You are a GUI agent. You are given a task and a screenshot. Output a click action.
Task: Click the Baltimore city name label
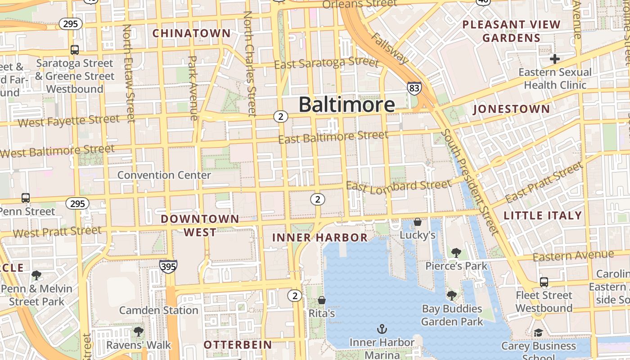(x=346, y=104)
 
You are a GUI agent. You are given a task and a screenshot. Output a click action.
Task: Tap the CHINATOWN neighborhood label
(x=191, y=33)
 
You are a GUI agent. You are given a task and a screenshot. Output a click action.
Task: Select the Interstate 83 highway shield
(x=414, y=88)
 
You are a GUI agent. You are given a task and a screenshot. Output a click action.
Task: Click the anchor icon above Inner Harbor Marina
(x=382, y=329)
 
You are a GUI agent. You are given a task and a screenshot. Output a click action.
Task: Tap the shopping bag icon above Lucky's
(x=418, y=222)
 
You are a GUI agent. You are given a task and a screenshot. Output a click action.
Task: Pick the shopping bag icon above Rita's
(x=321, y=300)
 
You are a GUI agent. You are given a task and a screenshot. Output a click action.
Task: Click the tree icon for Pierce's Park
(x=456, y=252)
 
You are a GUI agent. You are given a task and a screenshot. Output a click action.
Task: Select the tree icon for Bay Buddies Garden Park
(x=451, y=296)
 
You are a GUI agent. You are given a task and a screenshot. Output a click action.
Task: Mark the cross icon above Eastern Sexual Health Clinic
(x=555, y=59)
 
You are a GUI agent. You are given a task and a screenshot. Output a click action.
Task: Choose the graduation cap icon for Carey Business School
(x=538, y=333)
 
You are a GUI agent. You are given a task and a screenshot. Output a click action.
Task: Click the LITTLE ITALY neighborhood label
(x=543, y=216)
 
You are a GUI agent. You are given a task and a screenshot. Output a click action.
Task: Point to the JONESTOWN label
(x=512, y=109)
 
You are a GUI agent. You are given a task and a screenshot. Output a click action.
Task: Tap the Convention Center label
(x=164, y=175)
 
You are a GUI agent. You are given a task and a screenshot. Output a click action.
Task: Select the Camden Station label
(x=158, y=310)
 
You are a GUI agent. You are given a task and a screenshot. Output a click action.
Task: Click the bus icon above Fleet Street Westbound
(x=544, y=282)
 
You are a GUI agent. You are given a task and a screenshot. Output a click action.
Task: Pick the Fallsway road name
(x=391, y=48)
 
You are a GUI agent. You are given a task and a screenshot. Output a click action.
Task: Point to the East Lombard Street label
(x=399, y=185)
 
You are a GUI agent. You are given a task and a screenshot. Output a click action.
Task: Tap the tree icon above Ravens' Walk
(x=138, y=332)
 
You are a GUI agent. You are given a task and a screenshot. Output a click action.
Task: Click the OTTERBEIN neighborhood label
(x=238, y=345)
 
